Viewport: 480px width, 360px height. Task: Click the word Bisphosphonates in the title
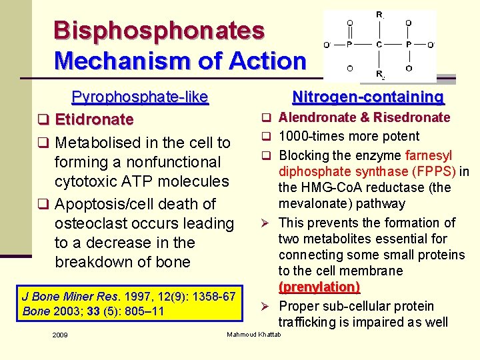click(x=159, y=30)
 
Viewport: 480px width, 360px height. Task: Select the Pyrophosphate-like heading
click(x=140, y=97)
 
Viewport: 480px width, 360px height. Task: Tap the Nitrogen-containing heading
click(x=368, y=97)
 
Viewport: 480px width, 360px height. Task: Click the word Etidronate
click(x=94, y=120)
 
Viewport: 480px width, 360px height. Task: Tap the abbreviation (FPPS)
click(x=435, y=171)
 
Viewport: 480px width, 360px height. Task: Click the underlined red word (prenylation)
click(x=319, y=287)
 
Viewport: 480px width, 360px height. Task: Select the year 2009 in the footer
click(x=60, y=335)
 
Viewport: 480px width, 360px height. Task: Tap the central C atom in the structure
click(x=379, y=45)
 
